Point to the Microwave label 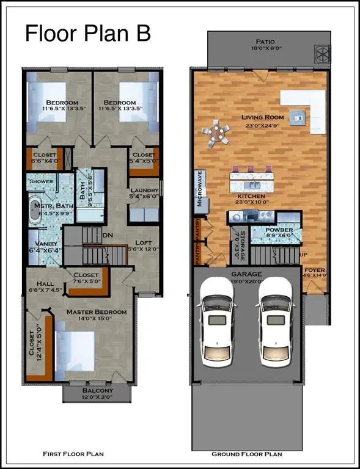[x=199, y=190]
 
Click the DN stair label [x=108, y=234]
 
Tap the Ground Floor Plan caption [x=247, y=454]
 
